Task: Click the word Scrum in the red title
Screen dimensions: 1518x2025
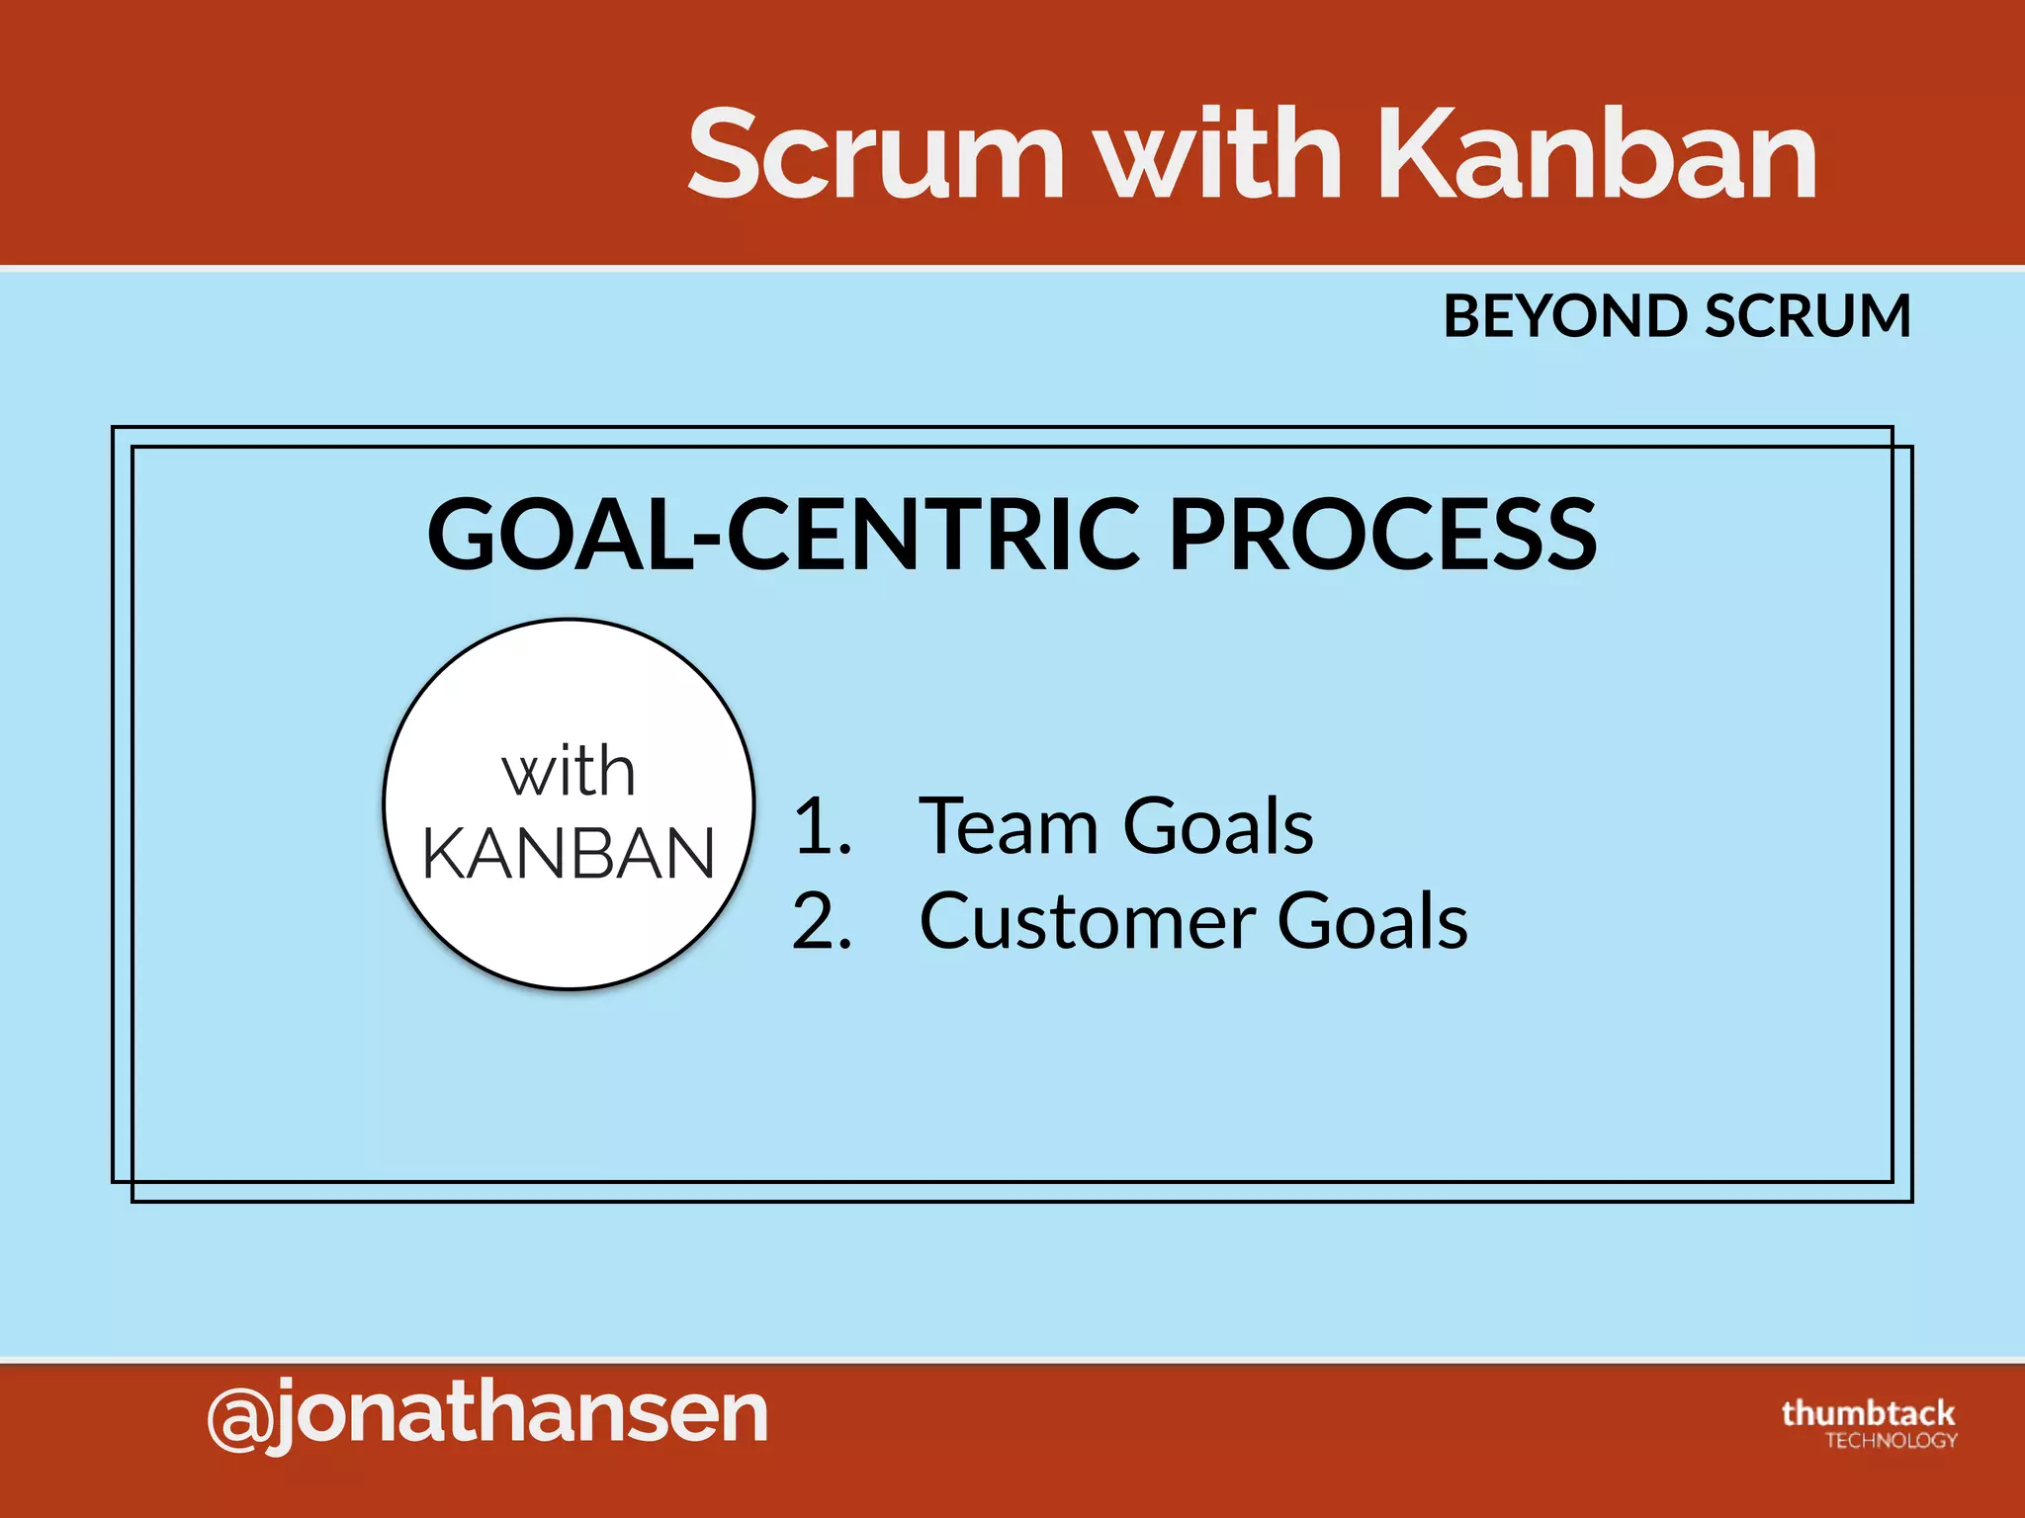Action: tap(876, 156)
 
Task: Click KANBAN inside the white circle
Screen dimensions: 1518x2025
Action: tap(569, 853)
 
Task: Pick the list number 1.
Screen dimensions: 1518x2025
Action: tap(821, 826)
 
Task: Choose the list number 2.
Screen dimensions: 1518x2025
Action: tap(821, 921)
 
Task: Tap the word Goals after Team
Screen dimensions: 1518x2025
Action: tap(1218, 826)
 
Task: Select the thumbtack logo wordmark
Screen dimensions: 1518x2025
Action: tap(1868, 1412)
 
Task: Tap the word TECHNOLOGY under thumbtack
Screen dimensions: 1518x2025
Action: tap(1891, 1441)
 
